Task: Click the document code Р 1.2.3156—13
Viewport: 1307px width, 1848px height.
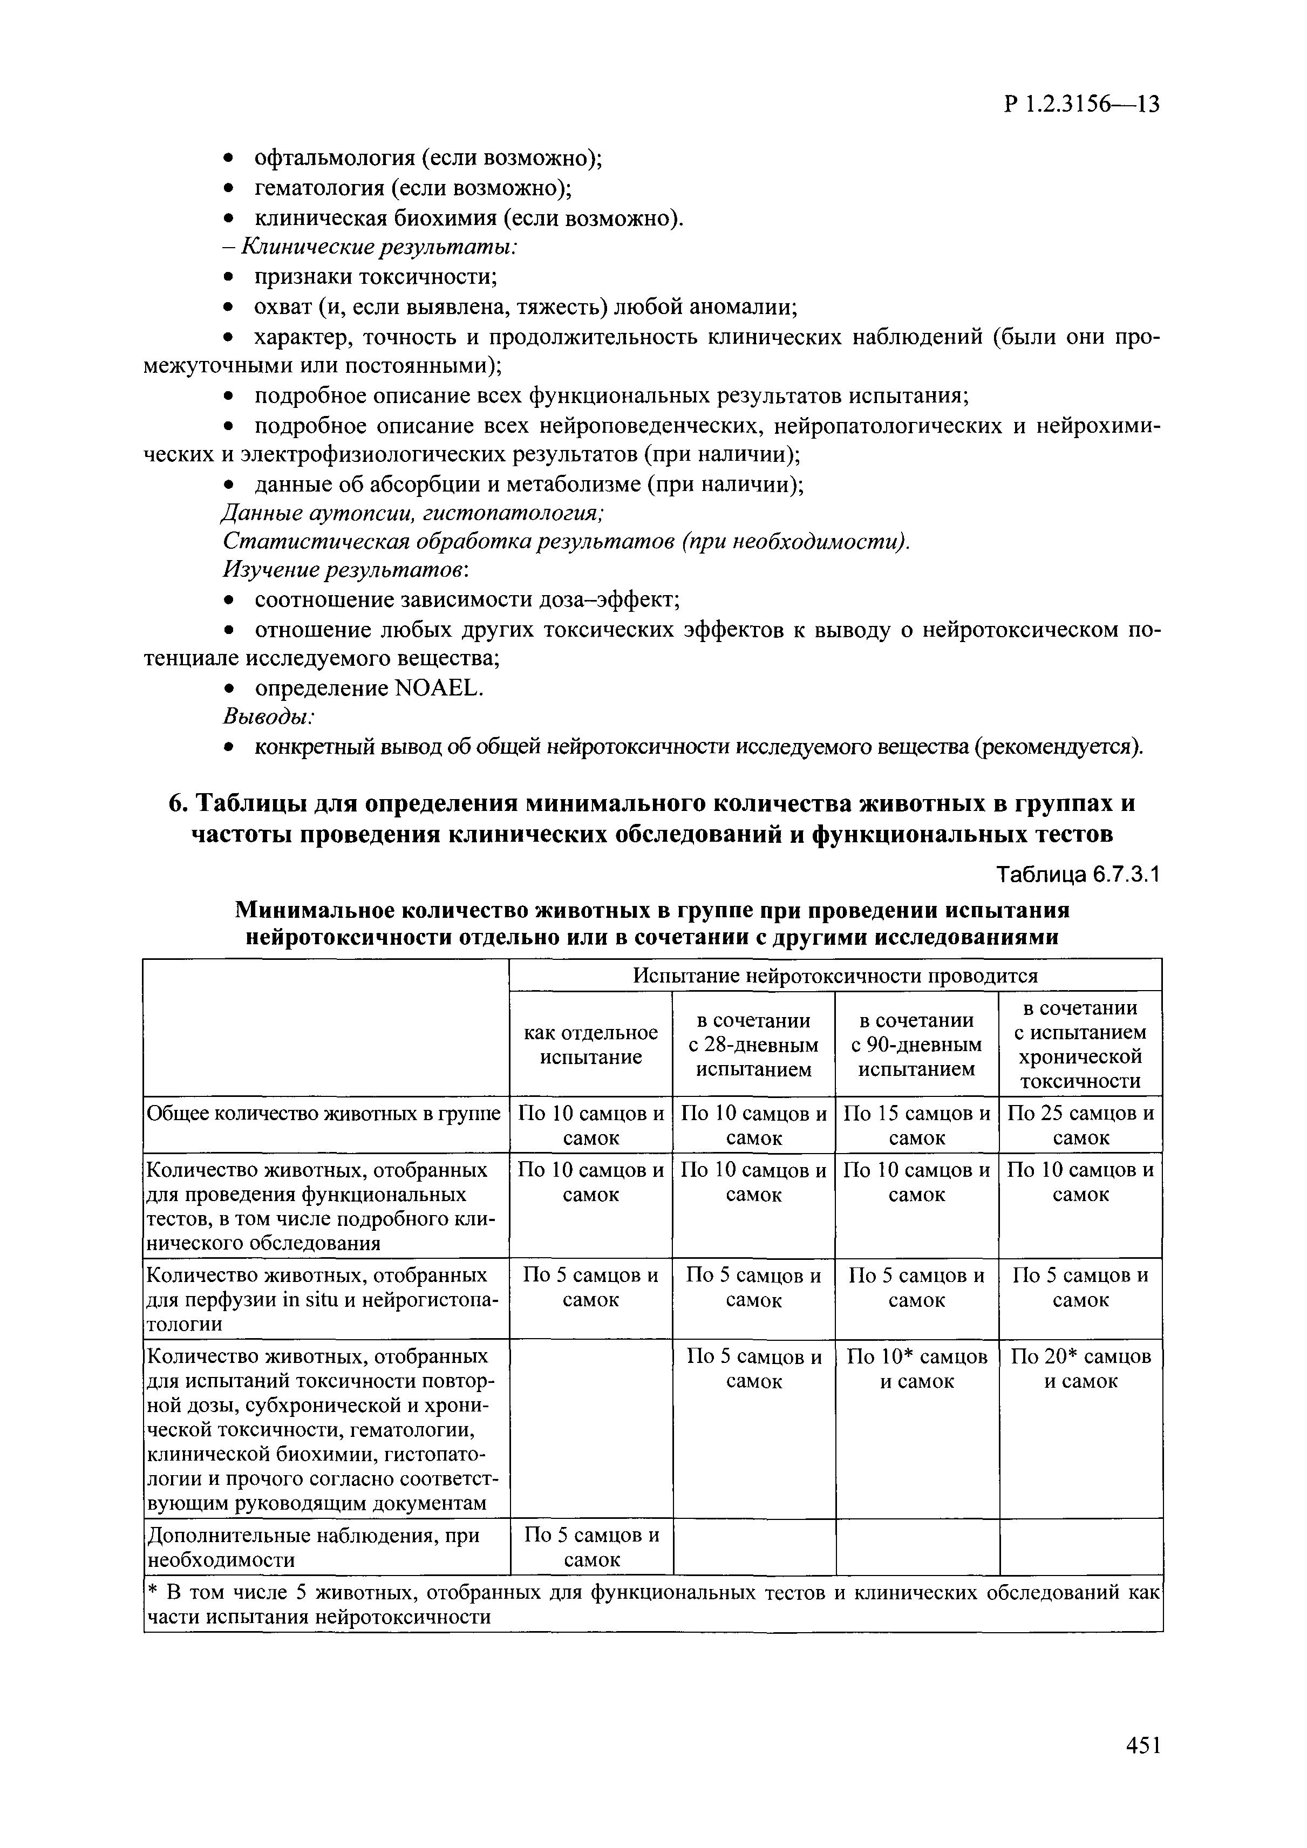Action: coord(1081,105)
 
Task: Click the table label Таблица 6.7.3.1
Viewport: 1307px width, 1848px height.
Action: coord(1078,875)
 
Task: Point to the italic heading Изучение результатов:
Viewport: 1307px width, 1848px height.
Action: coord(346,570)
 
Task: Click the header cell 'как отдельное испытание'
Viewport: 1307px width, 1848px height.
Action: coord(591,1045)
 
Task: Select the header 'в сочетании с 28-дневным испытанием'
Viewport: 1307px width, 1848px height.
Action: coord(754,1045)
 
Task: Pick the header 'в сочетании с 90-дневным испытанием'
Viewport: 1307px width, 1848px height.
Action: coord(917,1045)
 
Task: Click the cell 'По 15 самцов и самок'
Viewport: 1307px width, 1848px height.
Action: coord(917,1125)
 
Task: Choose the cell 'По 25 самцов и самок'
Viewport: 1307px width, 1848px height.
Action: coord(1081,1125)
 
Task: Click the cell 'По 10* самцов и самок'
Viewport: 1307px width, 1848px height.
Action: coord(917,1369)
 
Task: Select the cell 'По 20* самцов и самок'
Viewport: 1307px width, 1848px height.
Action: coord(1081,1369)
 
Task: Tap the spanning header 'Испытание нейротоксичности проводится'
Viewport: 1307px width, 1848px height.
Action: coord(835,976)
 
